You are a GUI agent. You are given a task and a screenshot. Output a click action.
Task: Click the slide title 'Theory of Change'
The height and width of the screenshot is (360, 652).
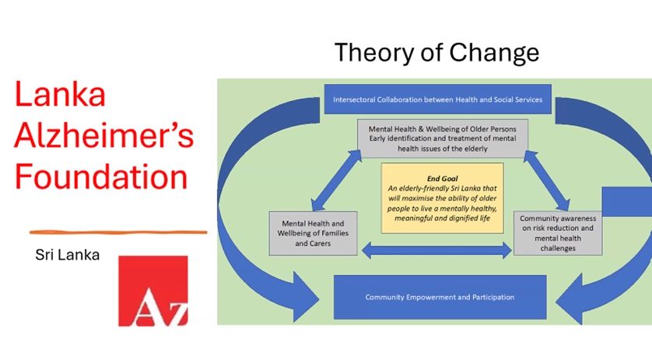point(436,53)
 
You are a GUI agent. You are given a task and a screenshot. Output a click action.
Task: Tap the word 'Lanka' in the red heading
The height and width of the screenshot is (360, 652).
point(60,94)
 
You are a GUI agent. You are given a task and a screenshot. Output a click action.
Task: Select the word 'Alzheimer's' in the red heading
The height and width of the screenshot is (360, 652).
point(104,135)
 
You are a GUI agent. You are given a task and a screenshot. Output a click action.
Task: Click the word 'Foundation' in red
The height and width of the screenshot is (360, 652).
point(101,177)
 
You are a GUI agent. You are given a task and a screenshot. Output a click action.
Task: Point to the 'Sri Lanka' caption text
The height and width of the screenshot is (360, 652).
point(68,255)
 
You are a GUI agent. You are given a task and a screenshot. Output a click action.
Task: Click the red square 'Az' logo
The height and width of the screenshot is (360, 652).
point(153,291)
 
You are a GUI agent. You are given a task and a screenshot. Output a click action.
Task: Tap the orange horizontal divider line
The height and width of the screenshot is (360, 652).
point(118,232)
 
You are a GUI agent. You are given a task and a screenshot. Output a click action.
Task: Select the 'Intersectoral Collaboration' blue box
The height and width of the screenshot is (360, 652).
point(438,100)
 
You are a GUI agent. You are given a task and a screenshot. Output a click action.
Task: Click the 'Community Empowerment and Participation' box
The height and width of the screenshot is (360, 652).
point(440,297)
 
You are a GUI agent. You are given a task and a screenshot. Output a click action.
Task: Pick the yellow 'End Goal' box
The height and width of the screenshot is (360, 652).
point(443,198)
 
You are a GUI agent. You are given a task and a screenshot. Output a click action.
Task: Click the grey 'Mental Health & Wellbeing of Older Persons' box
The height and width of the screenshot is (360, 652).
point(443,139)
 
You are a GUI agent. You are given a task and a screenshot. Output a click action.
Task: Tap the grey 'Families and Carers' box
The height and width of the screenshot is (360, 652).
point(313,233)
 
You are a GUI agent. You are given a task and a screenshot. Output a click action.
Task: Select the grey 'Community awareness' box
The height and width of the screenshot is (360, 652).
point(558,233)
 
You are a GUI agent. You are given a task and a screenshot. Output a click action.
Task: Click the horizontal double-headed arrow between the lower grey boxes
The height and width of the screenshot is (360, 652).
point(436,250)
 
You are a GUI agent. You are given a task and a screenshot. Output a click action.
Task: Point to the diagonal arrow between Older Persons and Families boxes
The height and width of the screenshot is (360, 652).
point(336,180)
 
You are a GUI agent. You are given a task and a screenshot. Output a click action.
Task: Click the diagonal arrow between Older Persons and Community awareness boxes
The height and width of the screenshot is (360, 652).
point(546,180)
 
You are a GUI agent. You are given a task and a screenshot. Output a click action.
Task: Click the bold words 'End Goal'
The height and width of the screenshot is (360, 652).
point(443,179)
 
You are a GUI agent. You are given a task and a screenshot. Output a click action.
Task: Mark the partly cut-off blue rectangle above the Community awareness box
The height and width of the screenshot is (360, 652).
point(627,201)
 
